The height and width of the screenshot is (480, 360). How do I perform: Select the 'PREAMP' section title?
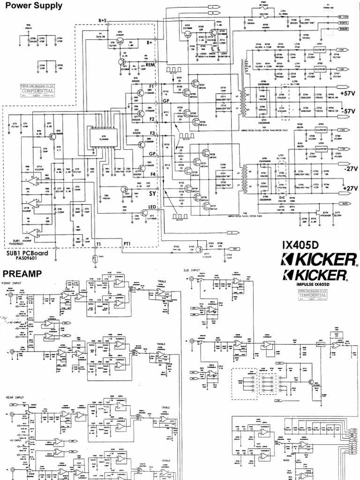(22, 273)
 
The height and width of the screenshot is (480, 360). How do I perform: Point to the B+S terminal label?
(104, 20)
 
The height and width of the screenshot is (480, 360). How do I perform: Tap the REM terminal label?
(150, 65)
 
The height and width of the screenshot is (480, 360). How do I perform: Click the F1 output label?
(151, 87)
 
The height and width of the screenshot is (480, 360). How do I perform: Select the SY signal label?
(152, 193)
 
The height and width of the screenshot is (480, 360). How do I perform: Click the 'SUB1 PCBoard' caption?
(29, 253)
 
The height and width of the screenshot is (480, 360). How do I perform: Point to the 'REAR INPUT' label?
(17, 397)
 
